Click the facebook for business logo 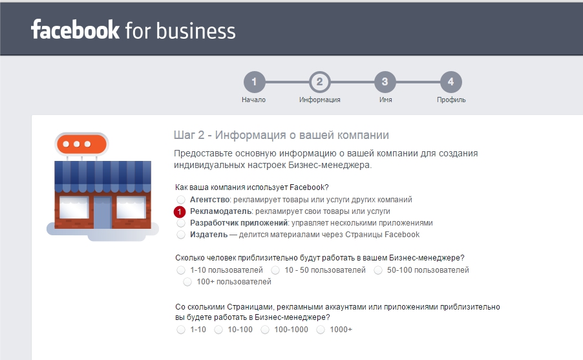click(x=133, y=30)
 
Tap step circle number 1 click(x=254, y=82)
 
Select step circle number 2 click(x=320, y=82)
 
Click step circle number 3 click(x=385, y=82)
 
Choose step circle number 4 click(x=451, y=82)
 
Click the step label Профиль click(x=451, y=100)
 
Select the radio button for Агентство click(x=181, y=200)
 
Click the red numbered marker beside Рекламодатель click(x=180, y=211)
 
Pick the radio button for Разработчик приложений click(x=181, y=223)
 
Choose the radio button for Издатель click(x=181, y=235)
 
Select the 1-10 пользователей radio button click(x=181, y=270)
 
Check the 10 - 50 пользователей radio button click(x=275, y=270)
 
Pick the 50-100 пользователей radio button click(x=378, y=270)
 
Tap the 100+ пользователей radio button click(x=187, y=282)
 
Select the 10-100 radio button click(x=218, y=330)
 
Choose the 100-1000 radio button click(x=265, y=330)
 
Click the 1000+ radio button click(x=321, y=330)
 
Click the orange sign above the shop click(x=82, y=144)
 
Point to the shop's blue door click(x=102, y=213)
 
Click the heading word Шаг click(x=184, y=135)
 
